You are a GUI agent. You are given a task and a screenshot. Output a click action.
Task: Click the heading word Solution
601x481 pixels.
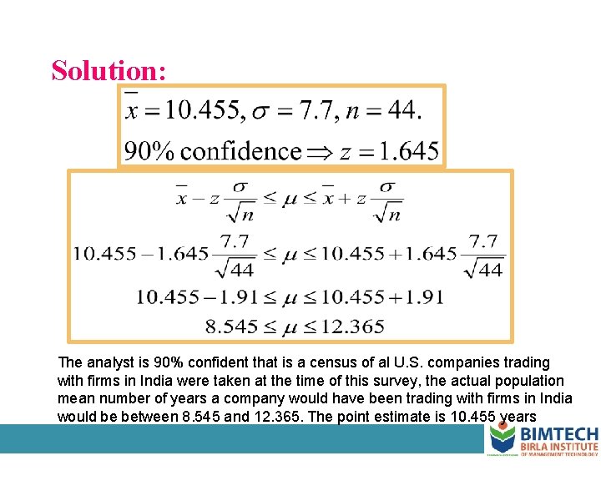point(109,70)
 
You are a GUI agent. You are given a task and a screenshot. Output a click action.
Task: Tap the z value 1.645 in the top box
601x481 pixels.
point(407,151)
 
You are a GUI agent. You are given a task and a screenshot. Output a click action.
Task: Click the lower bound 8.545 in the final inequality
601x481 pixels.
point(231,327)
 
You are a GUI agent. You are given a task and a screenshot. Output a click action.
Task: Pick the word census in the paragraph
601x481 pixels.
point(301,362)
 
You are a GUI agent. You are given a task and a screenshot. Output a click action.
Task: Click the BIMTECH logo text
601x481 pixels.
point(558,434)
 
